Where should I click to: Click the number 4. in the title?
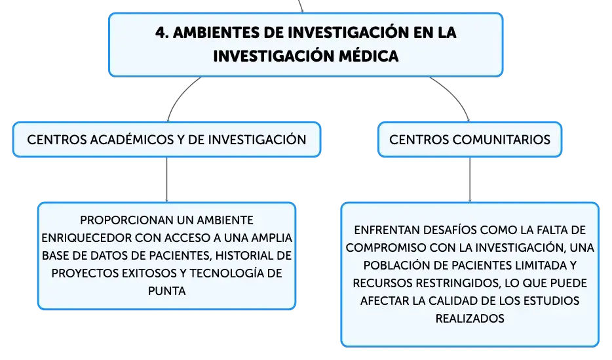pyautogui.click(x=162, y=32)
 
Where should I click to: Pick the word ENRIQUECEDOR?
pyautogui.click(x=86, y=238)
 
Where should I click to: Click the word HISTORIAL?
pyautogui.click(x=240, y=255)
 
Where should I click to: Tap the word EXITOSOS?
pyautogui.click(x=149, y=273)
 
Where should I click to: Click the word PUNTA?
pyautogui.click(x=166, y=291)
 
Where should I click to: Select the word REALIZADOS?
pyautogui.click(x=470, y=319)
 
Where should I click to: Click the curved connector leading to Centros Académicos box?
pyautogui.click(x=179, y=96)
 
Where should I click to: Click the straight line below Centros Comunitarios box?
pyautogui.click(x=470, y=180)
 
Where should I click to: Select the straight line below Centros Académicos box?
pyautogui.click(x=166, y=180)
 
